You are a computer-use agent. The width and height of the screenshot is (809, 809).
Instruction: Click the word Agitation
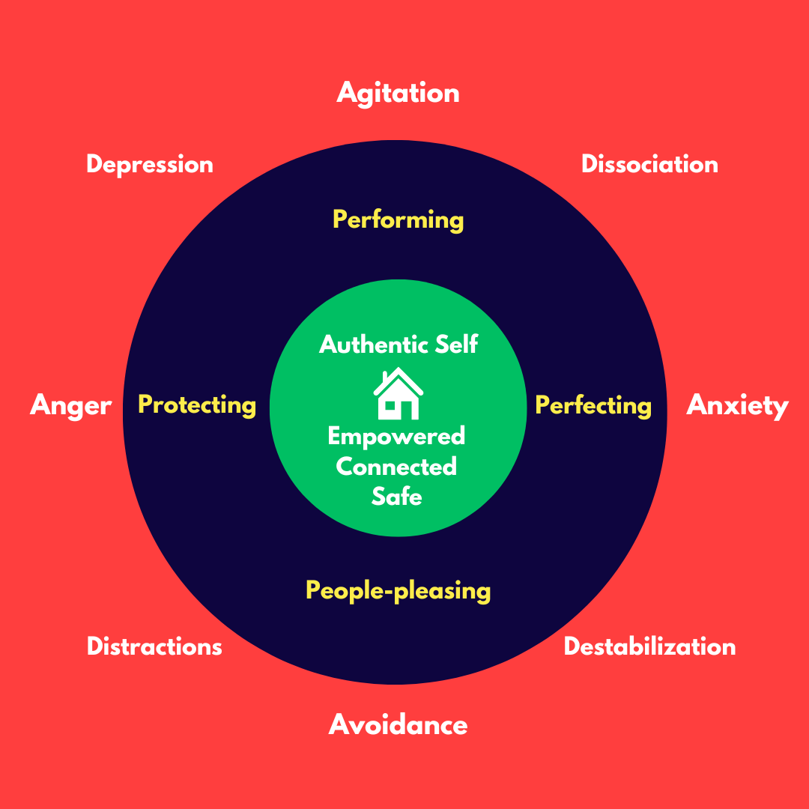tap(398, 93)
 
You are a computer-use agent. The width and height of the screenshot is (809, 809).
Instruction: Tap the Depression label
tap(150, 164)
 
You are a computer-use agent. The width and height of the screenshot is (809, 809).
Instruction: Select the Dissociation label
tap(649, 164)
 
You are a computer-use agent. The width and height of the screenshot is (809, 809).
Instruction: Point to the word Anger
tap(70, 406)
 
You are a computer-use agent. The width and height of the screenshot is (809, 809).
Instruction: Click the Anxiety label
tap(738, 405)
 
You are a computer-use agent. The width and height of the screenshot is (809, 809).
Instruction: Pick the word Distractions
tap(154, 646)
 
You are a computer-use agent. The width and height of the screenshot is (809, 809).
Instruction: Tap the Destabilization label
tap(649, 646)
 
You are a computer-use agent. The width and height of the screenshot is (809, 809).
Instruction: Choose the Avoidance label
tap(398, 724)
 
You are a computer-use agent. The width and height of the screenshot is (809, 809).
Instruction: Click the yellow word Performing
tap(398, 220)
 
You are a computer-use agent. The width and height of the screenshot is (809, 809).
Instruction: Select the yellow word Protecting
tap(197, 405)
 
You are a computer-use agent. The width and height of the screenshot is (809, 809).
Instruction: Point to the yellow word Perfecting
tap(593, 406)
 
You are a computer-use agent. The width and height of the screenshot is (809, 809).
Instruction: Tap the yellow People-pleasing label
tap(398, 590)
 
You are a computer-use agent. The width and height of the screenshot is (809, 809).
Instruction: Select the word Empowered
tap(396, 436)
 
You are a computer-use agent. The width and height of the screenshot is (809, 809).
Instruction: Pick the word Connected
tap(396, 466)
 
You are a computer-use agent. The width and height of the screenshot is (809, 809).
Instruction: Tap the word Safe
tap(396, 496)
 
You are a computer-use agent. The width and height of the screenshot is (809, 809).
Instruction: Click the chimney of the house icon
tap(384, 375)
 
